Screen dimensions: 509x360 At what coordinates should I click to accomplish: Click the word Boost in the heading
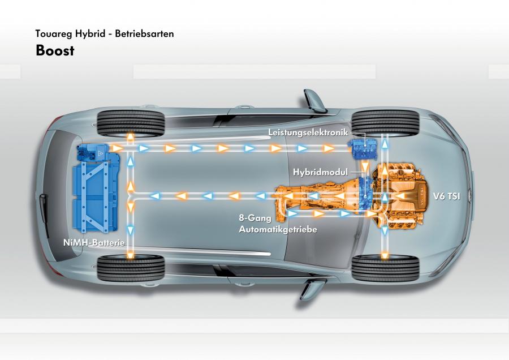coord(55,51)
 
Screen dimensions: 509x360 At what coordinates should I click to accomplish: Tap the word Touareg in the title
coord(54,34)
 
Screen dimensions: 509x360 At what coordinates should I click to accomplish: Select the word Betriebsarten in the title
coord(144,33)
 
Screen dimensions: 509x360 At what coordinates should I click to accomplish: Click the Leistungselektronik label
coord(308,132)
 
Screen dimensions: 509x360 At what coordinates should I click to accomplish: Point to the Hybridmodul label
coord(321,172)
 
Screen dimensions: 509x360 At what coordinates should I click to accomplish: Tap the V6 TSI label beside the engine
coord(447,196)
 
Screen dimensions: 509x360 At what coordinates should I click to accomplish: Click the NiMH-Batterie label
coord(94,242)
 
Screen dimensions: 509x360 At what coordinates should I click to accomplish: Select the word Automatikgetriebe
coord(278,229)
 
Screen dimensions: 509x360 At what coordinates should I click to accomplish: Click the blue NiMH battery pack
coord(96,188)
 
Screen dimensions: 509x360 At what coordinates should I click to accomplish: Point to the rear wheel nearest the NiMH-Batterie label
coord(131,268)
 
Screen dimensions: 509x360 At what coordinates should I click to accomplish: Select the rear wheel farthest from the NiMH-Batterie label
coord(131,124)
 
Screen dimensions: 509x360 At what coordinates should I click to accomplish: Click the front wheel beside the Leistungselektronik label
coord(385,123)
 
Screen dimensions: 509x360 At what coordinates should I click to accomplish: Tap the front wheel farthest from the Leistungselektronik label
coord(385,268)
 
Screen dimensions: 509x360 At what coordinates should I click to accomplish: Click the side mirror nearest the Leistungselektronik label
coord(313,101)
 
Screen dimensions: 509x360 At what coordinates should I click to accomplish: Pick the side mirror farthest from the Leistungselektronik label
coord(312,289)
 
